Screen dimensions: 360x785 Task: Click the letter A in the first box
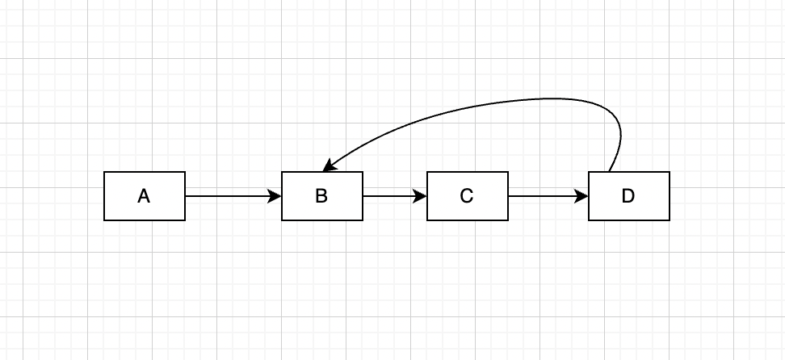click(x=144, y=196)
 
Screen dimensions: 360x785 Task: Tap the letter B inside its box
click(x=321, y=196)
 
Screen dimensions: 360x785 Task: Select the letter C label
click(x=467, y=196)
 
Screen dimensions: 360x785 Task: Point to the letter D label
click(x=628, y=196)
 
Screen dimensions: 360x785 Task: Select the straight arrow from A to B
click(x=230, y=196)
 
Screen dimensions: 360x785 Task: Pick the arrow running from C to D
click(x=546, y=196)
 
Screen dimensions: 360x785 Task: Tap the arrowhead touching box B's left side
click(x=275, y=196)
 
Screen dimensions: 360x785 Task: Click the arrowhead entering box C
click(x=421, y=196)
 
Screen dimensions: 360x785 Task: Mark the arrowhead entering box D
click(x=582, y=196)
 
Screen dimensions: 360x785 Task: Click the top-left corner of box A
click(x=104, y=172)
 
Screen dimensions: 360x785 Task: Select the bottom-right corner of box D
click(x=669, y=220)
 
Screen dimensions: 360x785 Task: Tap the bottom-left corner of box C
click(x=427, y=220)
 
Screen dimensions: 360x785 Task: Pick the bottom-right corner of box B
click(x=363, y=220)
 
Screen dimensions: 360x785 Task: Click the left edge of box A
click(x=104, y=196)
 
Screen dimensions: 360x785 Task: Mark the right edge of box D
click(x=669, y=196)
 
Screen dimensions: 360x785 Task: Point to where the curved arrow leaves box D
click(x=609, y=171)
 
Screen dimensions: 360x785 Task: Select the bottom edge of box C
click(x=467, y=220)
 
